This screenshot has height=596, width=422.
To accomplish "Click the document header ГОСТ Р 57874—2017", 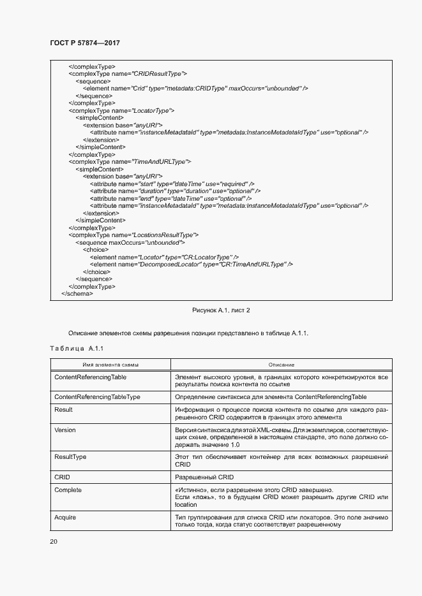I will [x=84, y=43].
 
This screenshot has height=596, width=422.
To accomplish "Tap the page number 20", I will [x=54, y=541].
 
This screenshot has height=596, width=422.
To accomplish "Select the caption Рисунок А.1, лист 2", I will [x=221, y=310].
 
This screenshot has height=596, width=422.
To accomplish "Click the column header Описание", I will [x=281, y=365].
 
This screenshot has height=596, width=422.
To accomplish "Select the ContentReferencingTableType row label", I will [x=97, y=397].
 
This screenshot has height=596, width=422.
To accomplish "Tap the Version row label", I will [x=65, y=430].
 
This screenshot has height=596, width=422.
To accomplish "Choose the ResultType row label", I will [x=70, y=457].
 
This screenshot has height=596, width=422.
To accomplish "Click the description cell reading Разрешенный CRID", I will [x=204, y=477].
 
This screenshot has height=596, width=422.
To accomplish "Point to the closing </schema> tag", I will [x=77, y=294].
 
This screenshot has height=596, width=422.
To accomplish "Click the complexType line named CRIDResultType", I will [x=128, y=74].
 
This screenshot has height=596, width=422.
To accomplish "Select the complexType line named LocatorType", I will [x=121, y=110].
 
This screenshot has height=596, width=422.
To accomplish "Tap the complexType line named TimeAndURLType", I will [x=130, y=161].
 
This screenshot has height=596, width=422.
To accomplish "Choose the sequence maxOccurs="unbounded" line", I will [x=130, y=242].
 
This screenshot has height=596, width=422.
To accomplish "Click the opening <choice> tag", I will [x=95, y=249].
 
